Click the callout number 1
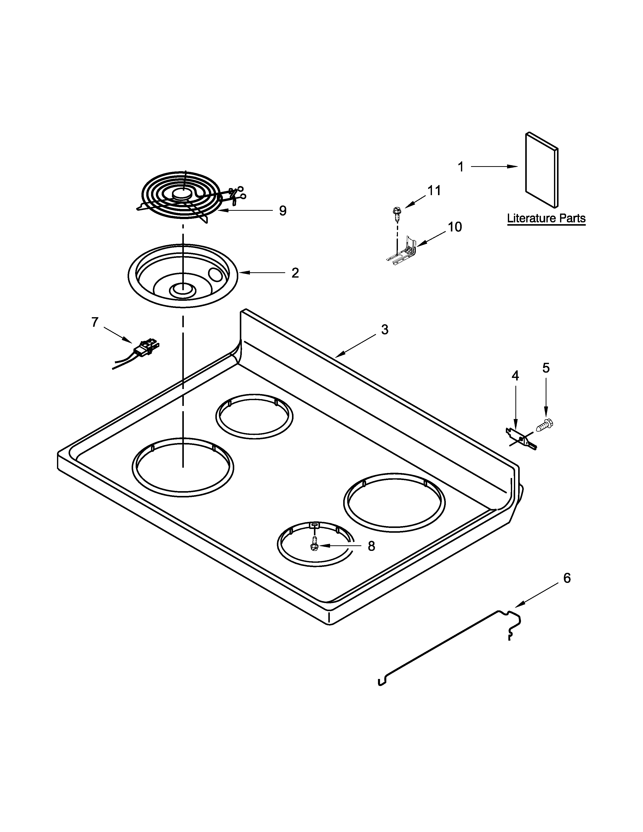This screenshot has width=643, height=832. [460, 167]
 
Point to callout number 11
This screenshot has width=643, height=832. [434, 190]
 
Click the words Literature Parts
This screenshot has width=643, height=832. [546, 219]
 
